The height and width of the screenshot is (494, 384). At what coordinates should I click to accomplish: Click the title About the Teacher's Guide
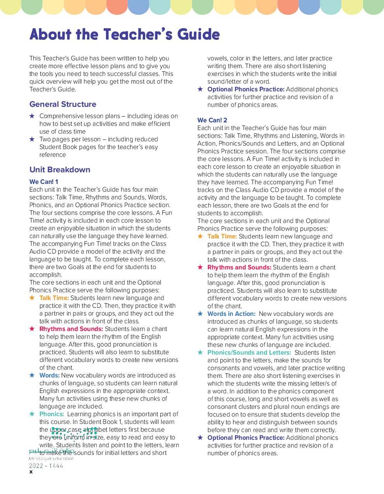tap(125, 34)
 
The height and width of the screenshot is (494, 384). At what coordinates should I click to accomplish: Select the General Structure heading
tap(63, 104)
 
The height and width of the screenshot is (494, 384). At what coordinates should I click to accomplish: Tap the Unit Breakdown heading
tap(60, 170)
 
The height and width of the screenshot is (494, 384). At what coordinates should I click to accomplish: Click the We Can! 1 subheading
tap(44, 182)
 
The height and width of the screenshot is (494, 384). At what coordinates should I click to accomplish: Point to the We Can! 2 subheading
tap(212, 120)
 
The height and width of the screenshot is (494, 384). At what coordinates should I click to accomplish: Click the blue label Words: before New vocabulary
tap(50, 375)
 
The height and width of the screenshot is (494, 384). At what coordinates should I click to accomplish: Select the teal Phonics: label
tap(51, 414)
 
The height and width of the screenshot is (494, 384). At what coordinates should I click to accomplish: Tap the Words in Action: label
tap(231, 314)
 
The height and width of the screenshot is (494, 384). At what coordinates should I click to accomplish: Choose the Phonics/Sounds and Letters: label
tap(249, 352)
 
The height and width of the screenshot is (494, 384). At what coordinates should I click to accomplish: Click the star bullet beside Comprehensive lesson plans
tap(32, 116)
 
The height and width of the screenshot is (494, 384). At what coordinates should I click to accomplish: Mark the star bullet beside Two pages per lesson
tap(32, 139)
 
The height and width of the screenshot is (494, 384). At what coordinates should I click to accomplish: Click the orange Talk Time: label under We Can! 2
tap(222, 236)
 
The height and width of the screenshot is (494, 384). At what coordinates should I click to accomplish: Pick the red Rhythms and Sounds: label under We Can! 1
tap(71, 329)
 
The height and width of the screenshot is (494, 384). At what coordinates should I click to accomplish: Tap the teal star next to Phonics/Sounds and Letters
tap(200, 352)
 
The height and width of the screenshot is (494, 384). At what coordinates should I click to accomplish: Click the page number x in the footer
tap(31, 472)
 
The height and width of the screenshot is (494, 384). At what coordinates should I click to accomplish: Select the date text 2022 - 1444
tap(46, 466)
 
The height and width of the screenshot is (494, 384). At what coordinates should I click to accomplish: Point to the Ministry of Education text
tap(51, 459)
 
